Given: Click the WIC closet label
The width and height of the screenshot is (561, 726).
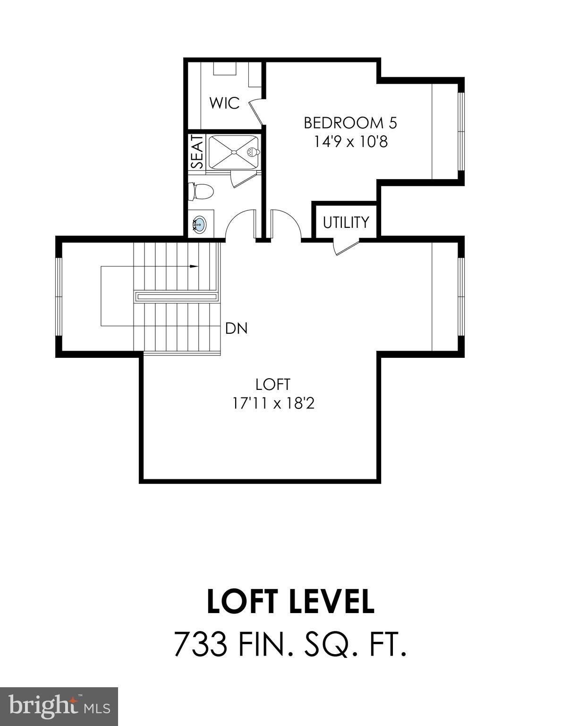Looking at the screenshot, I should [224, 103].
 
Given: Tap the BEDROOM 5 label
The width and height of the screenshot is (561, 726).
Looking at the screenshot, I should [350, 123].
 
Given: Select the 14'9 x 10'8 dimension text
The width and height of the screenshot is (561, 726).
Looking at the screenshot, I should [350, 141].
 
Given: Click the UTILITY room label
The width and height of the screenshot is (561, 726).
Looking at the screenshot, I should [346, 222].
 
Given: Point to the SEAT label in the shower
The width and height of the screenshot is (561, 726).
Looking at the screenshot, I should [197, 152].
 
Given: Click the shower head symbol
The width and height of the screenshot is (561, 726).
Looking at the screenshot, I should [253, 152].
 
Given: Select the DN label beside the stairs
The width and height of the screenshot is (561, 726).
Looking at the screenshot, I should [236, 328].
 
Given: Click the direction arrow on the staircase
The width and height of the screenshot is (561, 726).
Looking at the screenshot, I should [193, 267].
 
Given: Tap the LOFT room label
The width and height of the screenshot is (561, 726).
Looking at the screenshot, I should [272, 384].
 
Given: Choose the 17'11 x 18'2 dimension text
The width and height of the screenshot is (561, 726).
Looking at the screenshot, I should [273, 403].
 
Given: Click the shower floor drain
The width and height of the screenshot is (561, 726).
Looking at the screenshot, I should [233, 152].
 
